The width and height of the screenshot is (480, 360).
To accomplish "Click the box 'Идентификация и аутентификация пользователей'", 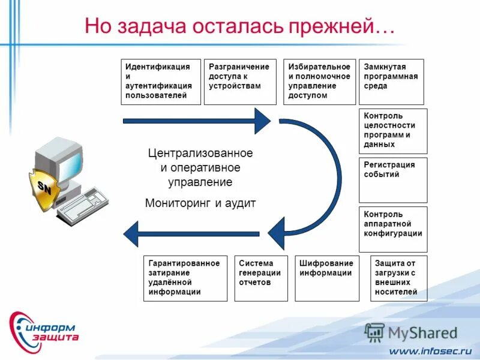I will (x=160, y=82).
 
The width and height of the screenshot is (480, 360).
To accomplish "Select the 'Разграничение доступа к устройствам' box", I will (x=240, y=82).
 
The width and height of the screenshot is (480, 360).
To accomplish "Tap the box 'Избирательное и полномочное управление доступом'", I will (x=319, y=82).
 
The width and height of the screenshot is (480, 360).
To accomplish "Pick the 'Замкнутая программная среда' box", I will (x=391, y=82).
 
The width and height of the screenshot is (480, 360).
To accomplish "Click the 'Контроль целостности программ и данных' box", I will (x=393, y=131).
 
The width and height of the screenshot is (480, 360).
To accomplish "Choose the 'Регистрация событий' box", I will (x=393, y=180).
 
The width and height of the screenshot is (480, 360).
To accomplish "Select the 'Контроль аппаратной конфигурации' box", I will (x=393, y=229).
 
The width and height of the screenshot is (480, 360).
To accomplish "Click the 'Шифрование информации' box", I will (x=326, y=278).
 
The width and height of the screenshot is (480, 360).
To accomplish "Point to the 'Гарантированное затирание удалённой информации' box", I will (x=185, y=278).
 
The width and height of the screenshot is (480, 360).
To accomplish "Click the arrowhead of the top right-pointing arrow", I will (x=262, y=121).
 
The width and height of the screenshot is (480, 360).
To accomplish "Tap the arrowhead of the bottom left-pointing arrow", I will (x=133, y=233).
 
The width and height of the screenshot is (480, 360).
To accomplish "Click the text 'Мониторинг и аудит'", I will (x=200, y=203).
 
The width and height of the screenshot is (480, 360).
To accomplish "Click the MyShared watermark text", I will (x=422, y=333).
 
